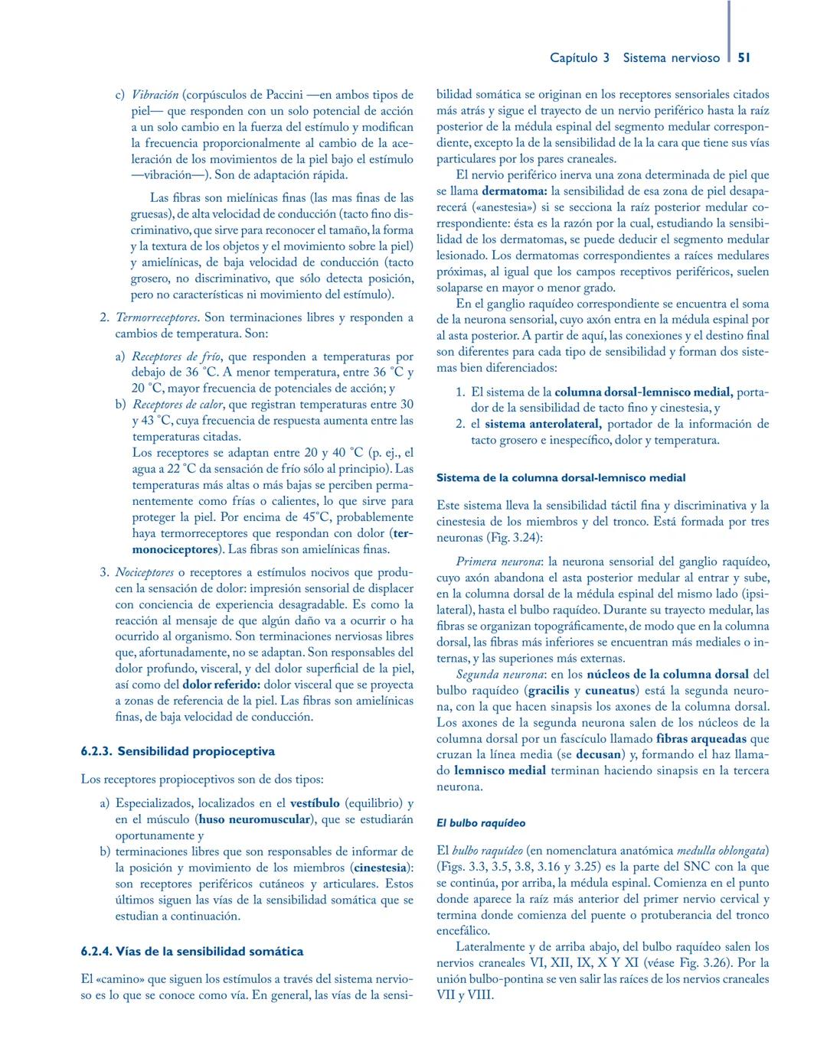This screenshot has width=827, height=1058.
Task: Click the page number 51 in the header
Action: [x=744, y=57]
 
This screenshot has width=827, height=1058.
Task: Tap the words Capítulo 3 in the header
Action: [x=580, y=57]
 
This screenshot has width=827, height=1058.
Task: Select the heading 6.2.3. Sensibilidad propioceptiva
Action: [x=178, y=751]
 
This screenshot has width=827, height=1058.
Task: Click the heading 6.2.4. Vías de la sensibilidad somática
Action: [x=192, y=952]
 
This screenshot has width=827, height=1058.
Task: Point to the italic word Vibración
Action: [x=155, y=95]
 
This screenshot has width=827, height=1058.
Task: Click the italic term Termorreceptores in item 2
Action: [x=158, y=317]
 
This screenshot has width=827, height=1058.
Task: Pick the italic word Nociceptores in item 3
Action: [x=145, y=572]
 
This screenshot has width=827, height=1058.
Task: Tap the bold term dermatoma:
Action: [x=515, y=191]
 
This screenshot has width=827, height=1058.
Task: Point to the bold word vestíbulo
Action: [x=315, y=803]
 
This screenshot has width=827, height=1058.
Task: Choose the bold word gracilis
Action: [x=544, y=691]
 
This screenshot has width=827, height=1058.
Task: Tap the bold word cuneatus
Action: [x=610, y=691]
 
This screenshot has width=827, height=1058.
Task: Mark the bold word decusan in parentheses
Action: [x=598, y=755]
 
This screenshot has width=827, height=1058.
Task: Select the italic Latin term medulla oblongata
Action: [x=723, y=851]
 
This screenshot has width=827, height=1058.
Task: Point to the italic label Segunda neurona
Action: [x=500, y=675]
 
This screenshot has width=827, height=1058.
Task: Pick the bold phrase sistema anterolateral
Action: [x=543, y=424]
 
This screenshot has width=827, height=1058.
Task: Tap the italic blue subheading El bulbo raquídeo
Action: [x=481, y=823]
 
